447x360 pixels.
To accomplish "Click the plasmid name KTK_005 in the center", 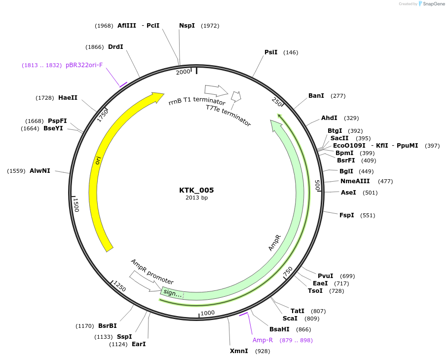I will click(196, 190).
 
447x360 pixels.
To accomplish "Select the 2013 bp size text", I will click(196, 198).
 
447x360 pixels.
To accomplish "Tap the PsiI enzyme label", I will click(271, 52).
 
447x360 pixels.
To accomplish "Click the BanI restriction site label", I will click(316, 96).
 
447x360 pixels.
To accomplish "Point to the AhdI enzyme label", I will click(329, 118).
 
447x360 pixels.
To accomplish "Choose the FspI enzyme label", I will click(347, 215).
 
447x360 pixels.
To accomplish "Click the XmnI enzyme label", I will click(239, 351).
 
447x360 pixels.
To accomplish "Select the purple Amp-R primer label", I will click(262, 340).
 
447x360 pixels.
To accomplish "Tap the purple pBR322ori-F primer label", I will click(84, 65).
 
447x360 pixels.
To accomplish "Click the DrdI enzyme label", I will click(115, 47).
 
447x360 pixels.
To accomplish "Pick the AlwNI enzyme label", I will click(40, 171).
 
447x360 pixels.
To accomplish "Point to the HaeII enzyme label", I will click(68, 98).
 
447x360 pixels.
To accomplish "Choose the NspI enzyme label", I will click(187, 26).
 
